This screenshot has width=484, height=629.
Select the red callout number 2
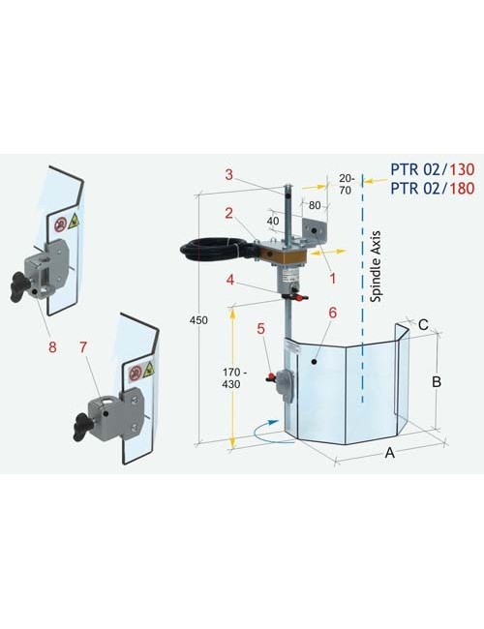(x=228, y=212)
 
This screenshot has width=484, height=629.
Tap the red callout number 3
(x=228, y=175)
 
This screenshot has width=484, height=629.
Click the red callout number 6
(x=331, y=314)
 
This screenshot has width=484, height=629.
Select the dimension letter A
(x=388, y=452)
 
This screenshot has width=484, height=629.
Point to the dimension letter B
(x=437, y=382)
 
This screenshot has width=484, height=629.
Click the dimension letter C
(x=422, y=325)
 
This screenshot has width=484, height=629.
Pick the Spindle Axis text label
(x=376, y=266)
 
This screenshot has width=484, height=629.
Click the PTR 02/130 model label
(x=432, y=167)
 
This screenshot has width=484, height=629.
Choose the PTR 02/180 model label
(x=432, y=189)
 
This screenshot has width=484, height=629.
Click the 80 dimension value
(x=315, y=205)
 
